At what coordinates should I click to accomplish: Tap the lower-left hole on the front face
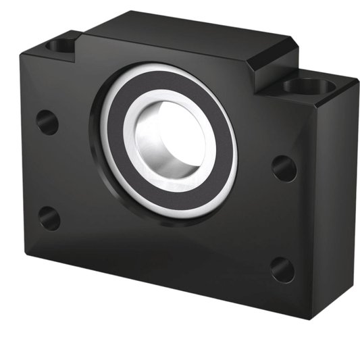[49, 217]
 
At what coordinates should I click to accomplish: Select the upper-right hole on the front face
[284, 167]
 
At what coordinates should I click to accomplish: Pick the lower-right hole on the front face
[283, 269]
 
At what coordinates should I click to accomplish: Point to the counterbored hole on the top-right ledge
[308, 86]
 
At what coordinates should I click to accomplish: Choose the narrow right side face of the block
[341, 196]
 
